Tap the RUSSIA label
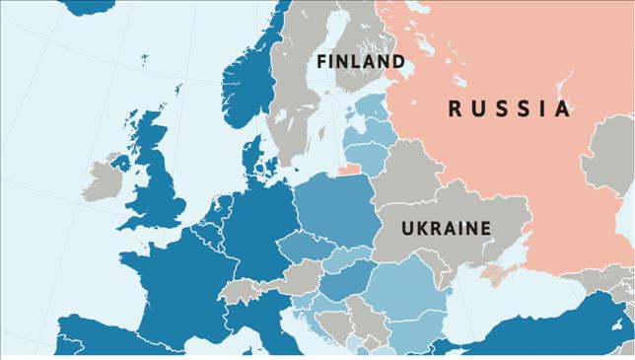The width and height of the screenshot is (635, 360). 509,108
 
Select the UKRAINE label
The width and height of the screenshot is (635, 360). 446,229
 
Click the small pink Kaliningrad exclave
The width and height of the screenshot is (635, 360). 350,169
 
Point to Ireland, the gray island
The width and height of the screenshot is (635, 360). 102,178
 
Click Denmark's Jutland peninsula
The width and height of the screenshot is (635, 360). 252,158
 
